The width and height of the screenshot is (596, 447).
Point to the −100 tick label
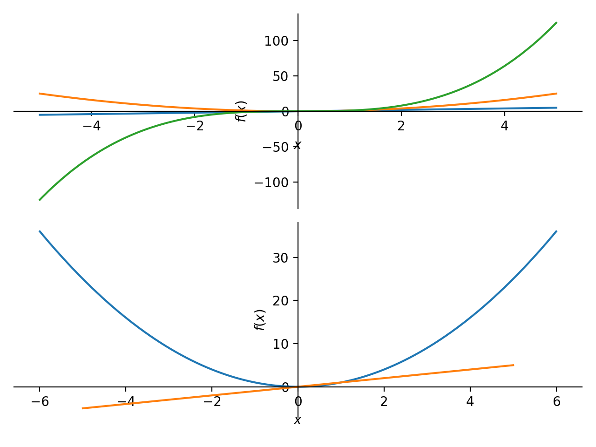point(272,183)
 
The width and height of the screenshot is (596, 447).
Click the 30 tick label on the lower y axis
point(280,258)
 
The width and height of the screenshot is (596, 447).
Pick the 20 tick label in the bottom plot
point(280,301)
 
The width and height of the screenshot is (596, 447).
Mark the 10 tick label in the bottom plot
point(280,344)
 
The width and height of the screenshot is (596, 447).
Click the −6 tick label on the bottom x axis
point(40,402)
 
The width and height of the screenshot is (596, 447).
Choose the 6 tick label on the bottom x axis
point(556,402)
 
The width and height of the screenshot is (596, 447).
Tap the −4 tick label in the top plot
point(91,126)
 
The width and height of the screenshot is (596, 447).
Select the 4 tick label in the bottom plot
point(470,402)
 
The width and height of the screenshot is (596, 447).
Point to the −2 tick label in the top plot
point(195,126)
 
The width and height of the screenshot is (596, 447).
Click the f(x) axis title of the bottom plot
point(260,320)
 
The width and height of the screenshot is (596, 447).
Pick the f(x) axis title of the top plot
point(241,111)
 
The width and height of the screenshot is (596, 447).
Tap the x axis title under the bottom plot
point(298,420)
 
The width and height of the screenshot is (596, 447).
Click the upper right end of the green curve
point(556,22)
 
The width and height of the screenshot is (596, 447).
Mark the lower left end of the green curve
point(40,200)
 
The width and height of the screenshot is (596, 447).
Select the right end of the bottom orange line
point(513,365)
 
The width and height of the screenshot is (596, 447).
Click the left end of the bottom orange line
point(82,408)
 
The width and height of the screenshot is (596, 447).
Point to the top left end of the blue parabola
point(40,231)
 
